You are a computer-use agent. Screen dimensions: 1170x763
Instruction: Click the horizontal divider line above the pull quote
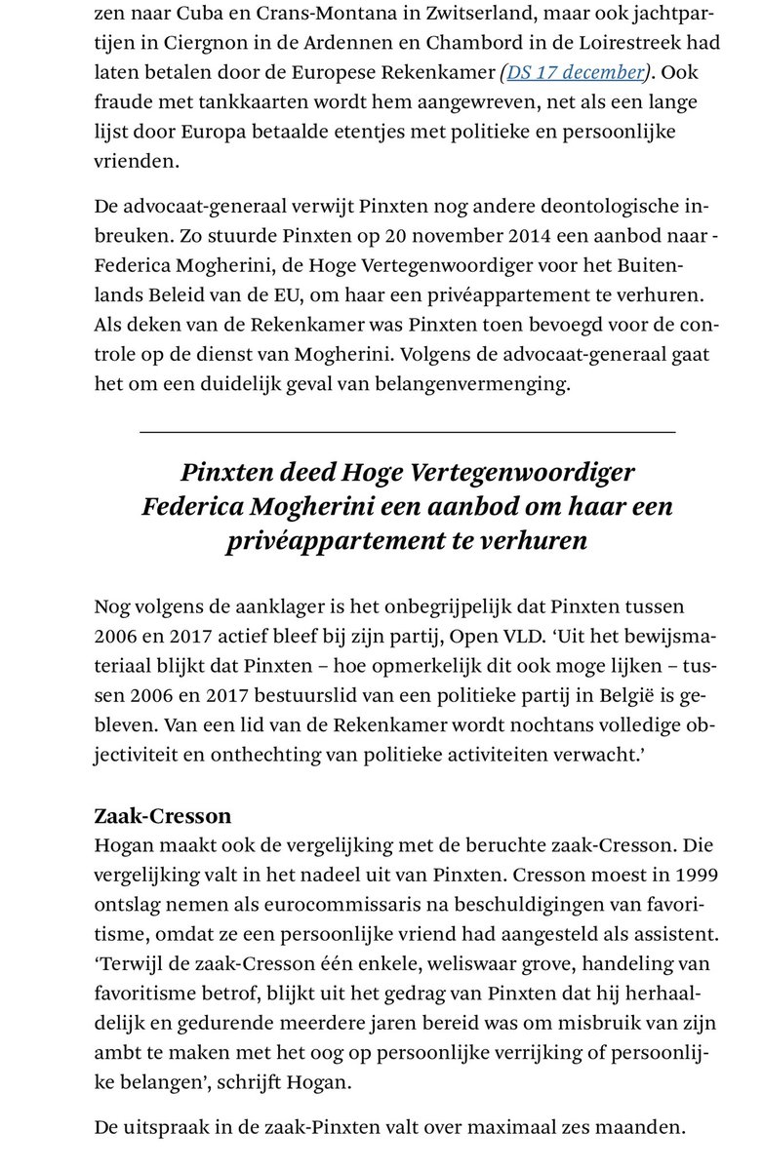click(407, 430)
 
